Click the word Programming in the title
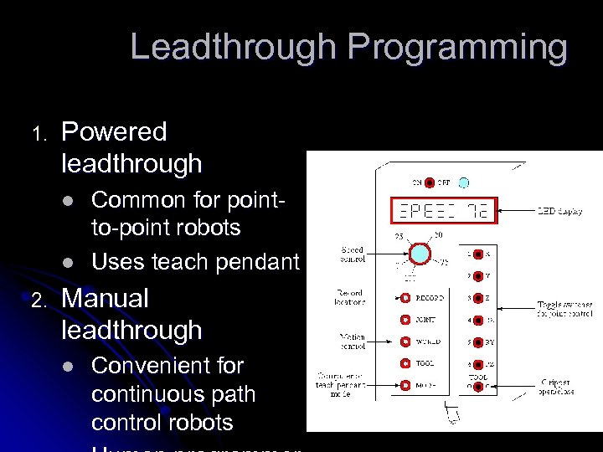tap(457, 48)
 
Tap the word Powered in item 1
tap(115, 131)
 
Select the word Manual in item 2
tap(106, 298)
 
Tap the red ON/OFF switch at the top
tap(429, 182)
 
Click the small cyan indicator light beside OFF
tap(464, 182)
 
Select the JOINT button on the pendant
tap(405, 319)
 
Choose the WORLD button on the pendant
tap(405, 342)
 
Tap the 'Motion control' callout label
tap(352, 342)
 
